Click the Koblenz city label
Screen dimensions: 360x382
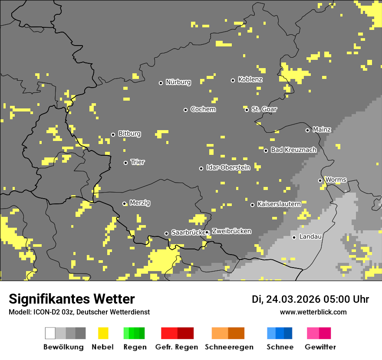click(250, 79)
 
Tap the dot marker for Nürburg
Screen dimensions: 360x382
click(161, 83)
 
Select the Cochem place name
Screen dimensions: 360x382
click(203, 109)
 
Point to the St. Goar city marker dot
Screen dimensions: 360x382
click(247, 110)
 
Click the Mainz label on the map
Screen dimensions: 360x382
click(322, 129)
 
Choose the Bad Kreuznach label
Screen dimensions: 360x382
click(293, 150)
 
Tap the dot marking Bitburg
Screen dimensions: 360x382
click(113, 134)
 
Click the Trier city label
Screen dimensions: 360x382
click(138, 162)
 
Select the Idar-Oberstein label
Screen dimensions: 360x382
click(228, 167)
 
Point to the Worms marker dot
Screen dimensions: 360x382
click(320, 180)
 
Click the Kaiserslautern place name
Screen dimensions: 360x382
click(279, 203)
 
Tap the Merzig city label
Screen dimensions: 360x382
click(140, 203)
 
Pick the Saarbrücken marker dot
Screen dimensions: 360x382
click(166, 233)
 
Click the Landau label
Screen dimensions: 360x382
click(310, 236)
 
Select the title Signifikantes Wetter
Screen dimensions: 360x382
click(72, 299)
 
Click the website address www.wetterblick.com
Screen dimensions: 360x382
click(313, 312)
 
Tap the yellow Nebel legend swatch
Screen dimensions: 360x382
click(103, 333)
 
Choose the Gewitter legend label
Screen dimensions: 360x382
click(320, 347)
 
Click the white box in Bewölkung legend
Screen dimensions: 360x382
click(50, 333)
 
